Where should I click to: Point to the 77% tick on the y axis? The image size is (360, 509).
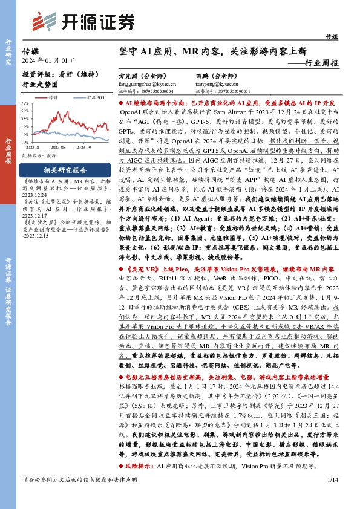[x=25, y=103]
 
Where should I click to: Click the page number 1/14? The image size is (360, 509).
[x=332, y=497]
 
